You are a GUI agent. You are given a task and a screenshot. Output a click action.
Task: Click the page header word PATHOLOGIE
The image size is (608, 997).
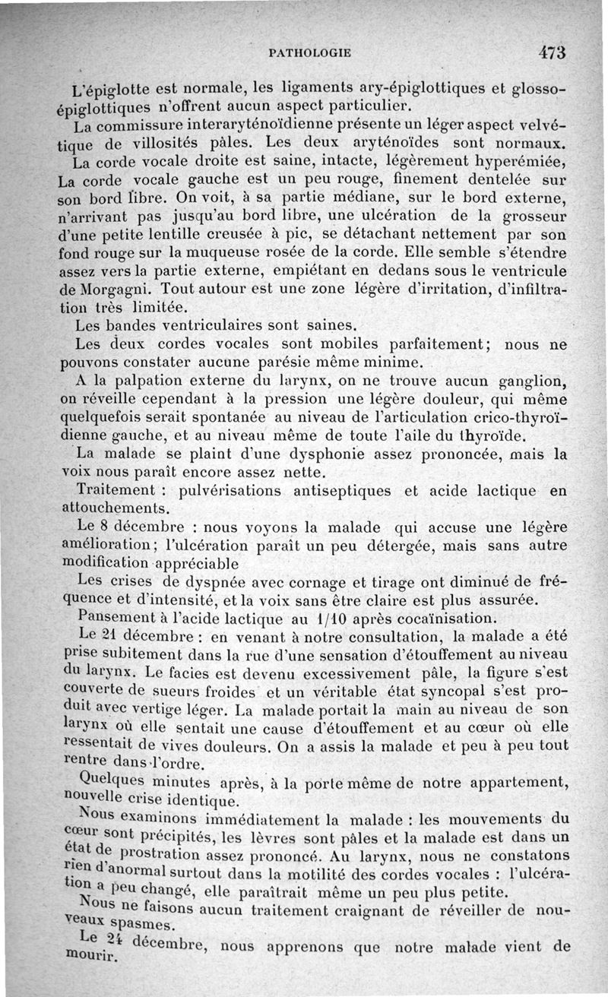coord(310,53)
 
